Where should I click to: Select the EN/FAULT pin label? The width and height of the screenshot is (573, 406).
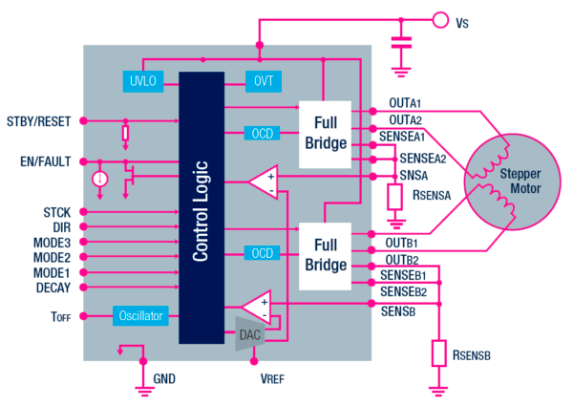click(x=45, y=161)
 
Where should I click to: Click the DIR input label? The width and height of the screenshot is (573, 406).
click(x=60, y=226)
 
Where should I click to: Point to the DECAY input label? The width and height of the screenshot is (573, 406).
click(x=53, y=288)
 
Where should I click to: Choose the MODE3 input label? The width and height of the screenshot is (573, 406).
click(x=52, y=242)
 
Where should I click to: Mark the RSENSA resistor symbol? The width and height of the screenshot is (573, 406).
click(x=394, y=197)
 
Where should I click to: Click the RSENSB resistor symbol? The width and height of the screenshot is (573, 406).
click(x=439, y=353)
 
